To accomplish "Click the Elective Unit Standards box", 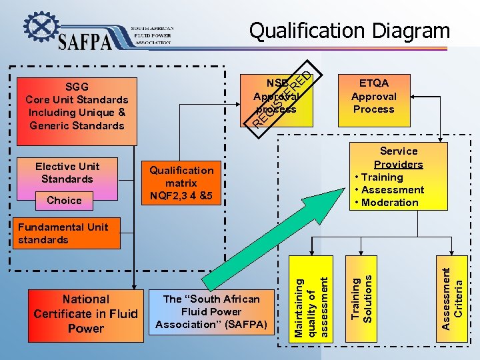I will pos(67,173).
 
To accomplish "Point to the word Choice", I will pos(65,200).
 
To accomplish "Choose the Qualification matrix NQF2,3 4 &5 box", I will pos(181,183).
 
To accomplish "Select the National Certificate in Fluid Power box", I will pos(85,314).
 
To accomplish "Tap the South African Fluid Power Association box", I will pos(212,312).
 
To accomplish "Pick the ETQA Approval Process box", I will pos(374,96).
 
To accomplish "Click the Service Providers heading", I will pos(399,158).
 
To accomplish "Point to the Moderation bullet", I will pos(389,203).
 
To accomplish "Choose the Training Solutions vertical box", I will pos(364,298).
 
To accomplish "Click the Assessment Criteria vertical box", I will pos(453,298).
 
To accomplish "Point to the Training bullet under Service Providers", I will pos(381,177).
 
